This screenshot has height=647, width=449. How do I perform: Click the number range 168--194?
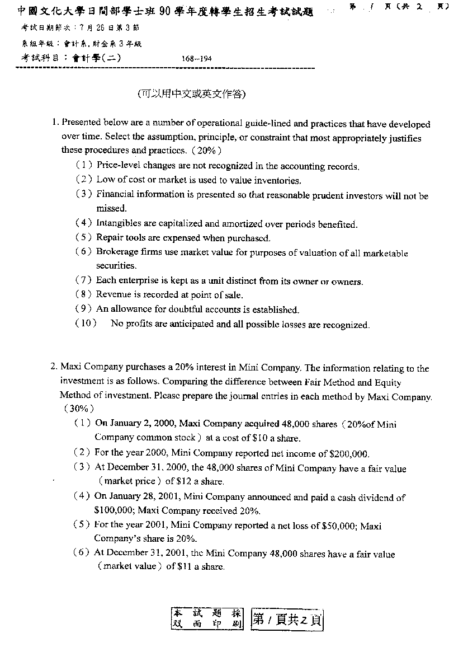pos(197,58)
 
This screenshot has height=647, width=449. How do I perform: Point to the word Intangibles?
pos(119,224)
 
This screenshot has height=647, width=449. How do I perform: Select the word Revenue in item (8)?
pos(113,294)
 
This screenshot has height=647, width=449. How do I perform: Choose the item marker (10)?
pos(86,323)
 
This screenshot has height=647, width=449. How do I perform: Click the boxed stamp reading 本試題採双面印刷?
pos(207,618)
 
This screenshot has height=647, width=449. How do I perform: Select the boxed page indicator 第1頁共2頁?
pos(287,619)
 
